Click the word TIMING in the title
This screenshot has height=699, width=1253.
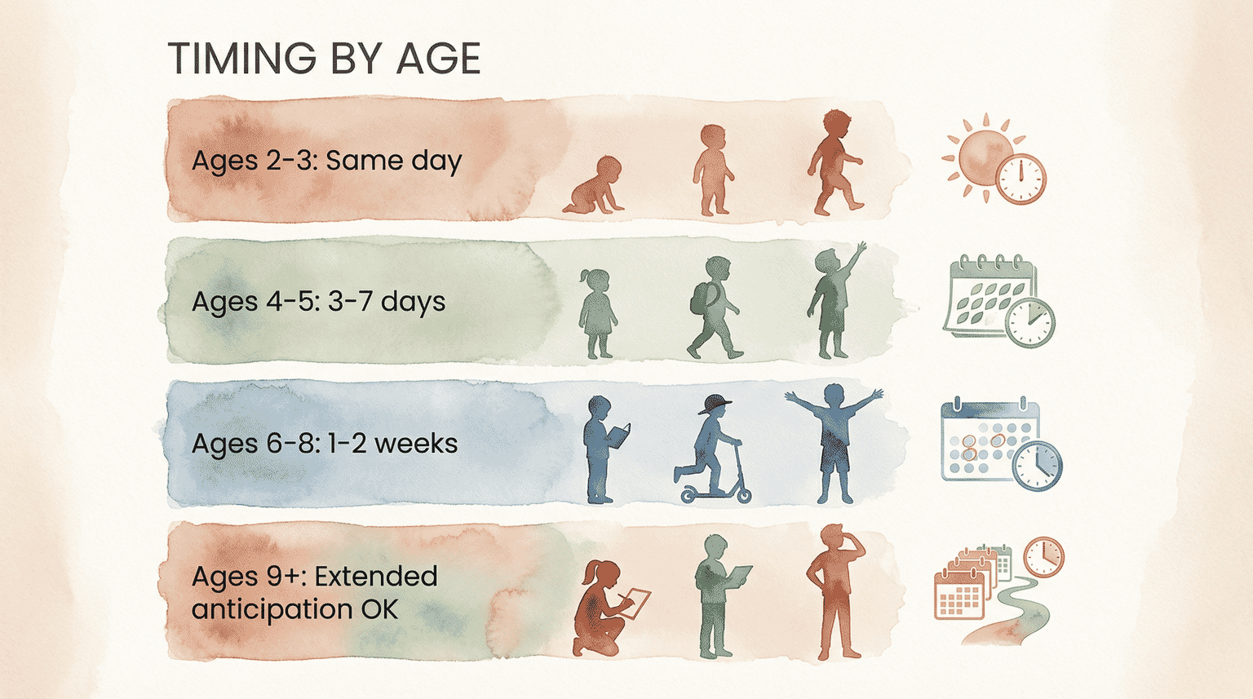pos(241,59)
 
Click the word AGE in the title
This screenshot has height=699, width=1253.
pos(439,59)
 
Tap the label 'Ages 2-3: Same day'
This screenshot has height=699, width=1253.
pos(326,161)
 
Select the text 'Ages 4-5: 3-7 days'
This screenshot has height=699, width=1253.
pos(318,302)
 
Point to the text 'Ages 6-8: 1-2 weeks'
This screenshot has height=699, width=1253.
pos(325,444)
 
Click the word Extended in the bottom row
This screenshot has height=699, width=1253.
pos(375,577)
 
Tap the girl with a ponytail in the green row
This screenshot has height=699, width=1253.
pos(597,313)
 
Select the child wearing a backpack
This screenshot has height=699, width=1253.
pos(712,308)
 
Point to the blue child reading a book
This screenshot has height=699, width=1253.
pos(602,449)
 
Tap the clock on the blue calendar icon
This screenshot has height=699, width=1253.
pos(1037,466)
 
